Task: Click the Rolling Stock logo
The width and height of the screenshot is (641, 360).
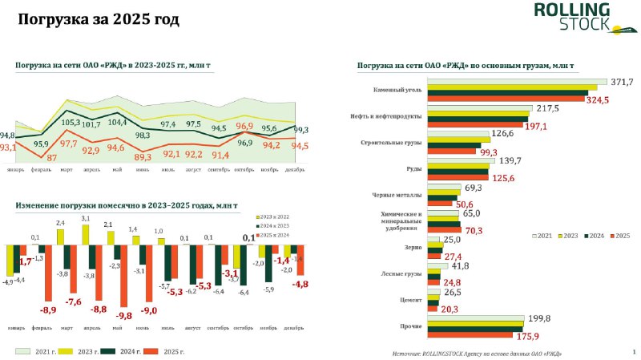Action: [572, 19]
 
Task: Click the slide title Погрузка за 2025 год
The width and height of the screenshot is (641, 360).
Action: [99, 18]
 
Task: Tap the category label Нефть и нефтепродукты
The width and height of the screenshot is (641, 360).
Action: [388, 116]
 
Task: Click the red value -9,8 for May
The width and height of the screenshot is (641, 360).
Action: [123, 316]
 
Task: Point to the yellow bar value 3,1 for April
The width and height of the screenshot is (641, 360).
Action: [85, 218]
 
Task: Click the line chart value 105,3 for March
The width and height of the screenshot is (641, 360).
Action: [71, 123]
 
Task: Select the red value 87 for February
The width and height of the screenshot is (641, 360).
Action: [51, 158]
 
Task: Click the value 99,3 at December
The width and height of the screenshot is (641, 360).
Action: [301, 129]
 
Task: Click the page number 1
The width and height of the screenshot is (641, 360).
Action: [633, 350]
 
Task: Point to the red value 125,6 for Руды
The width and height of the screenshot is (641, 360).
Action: [502, 177]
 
